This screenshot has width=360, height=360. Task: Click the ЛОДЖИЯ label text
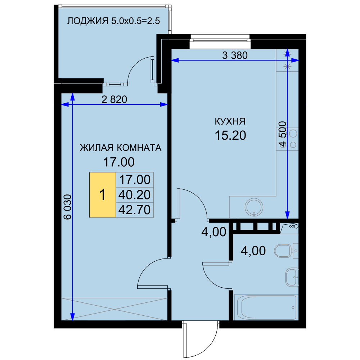pos(87,21)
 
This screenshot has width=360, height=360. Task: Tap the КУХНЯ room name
pos(230,121)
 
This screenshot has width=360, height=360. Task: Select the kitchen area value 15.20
pos(230,135)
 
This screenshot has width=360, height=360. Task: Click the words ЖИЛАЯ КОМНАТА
pos(121,148)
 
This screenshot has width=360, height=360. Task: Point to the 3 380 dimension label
pos(235,55)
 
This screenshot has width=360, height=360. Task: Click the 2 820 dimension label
pos(114,99)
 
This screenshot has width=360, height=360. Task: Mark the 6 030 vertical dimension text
pos(68,207)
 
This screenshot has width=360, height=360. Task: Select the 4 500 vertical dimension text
pos(283,134)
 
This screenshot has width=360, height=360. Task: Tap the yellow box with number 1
pos(102,195)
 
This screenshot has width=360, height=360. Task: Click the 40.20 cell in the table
pos(135,195)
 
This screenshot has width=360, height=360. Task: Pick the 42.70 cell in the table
pos(135,210)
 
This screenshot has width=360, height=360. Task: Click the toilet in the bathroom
pos(286,251)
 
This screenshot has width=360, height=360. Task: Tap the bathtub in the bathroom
pos(266,307)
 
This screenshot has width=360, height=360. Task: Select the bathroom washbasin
pos(292,277)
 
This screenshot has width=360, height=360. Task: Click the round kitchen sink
pos(254,207)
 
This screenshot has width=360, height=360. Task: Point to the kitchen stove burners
pos(293,139)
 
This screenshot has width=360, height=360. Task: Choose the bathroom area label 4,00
pos(253,251)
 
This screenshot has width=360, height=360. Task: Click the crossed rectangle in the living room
pos(114,309)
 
